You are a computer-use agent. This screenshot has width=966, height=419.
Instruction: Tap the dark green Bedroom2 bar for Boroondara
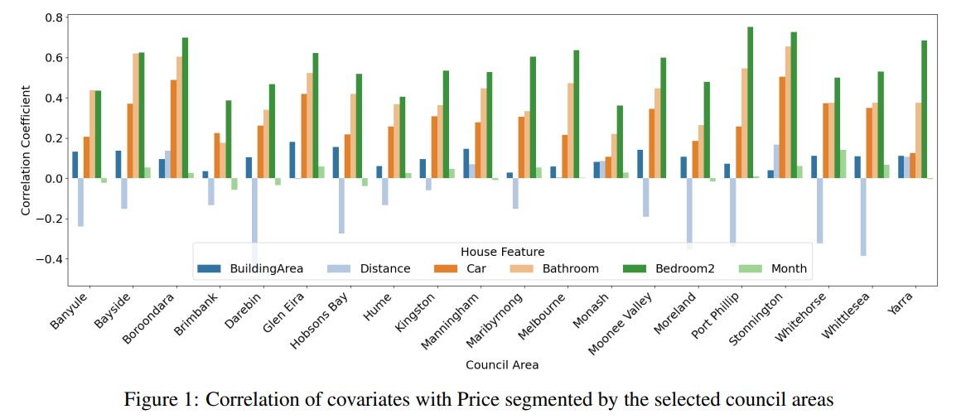point(185,108)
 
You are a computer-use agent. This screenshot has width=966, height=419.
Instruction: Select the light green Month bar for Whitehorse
point(843,164)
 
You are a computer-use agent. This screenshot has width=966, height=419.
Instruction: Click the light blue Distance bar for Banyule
point(80,202)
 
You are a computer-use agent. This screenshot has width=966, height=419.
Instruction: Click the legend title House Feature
point(502,251)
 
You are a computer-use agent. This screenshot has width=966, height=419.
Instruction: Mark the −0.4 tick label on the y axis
point(49,259)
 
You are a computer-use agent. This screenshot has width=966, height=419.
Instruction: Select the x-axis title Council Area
point(502,364)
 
